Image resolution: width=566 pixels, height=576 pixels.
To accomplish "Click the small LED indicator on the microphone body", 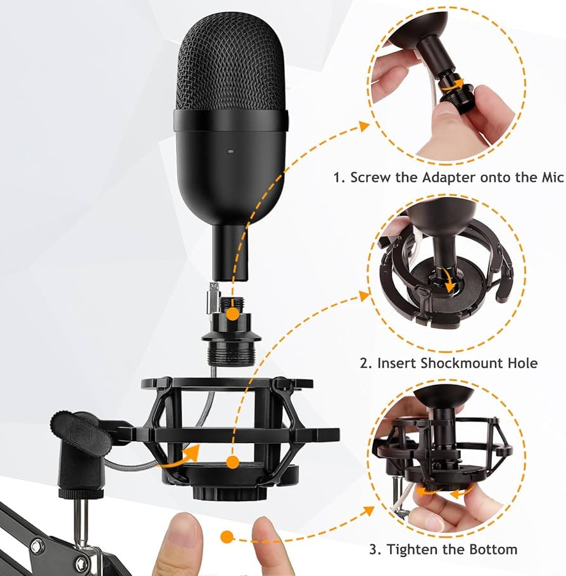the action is click(231, 151).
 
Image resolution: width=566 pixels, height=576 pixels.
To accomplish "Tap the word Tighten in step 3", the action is click(408, 550).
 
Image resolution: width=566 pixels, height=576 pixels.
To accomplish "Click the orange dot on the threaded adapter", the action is click(232, 315).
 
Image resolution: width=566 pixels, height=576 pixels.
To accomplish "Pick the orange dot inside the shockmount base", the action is click(232, 463).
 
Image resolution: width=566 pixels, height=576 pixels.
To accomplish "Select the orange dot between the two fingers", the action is click(227, 537).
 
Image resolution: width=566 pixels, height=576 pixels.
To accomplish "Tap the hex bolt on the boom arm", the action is click(37, 547).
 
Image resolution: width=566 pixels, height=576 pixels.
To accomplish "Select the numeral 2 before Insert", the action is click(364, 364).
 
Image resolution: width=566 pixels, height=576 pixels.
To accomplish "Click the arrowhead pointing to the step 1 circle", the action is click(364, 127).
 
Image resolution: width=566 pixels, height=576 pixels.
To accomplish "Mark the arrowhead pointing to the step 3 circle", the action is click(369, 511).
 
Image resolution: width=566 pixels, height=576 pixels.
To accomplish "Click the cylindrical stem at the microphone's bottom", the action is click(231, 253).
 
